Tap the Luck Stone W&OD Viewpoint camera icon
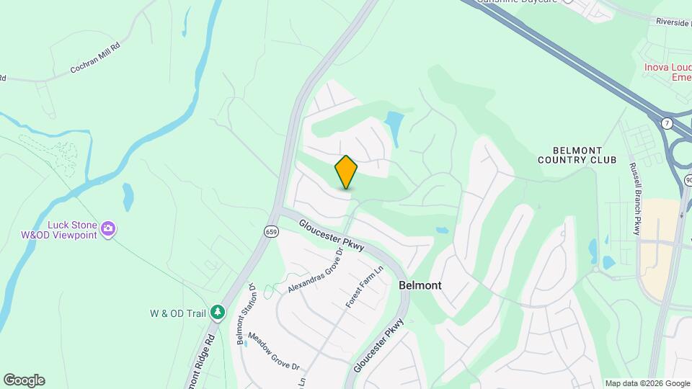[x=108, y=229]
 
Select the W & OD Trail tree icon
[x=218, y=312]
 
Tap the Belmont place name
[x=420, y=285]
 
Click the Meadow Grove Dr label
[x=273, y=351]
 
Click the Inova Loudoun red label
[x=667, y=72]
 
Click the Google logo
[x=24, y=380]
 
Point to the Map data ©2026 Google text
[x=647, y=383]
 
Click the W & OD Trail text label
[x=178, y=313]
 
